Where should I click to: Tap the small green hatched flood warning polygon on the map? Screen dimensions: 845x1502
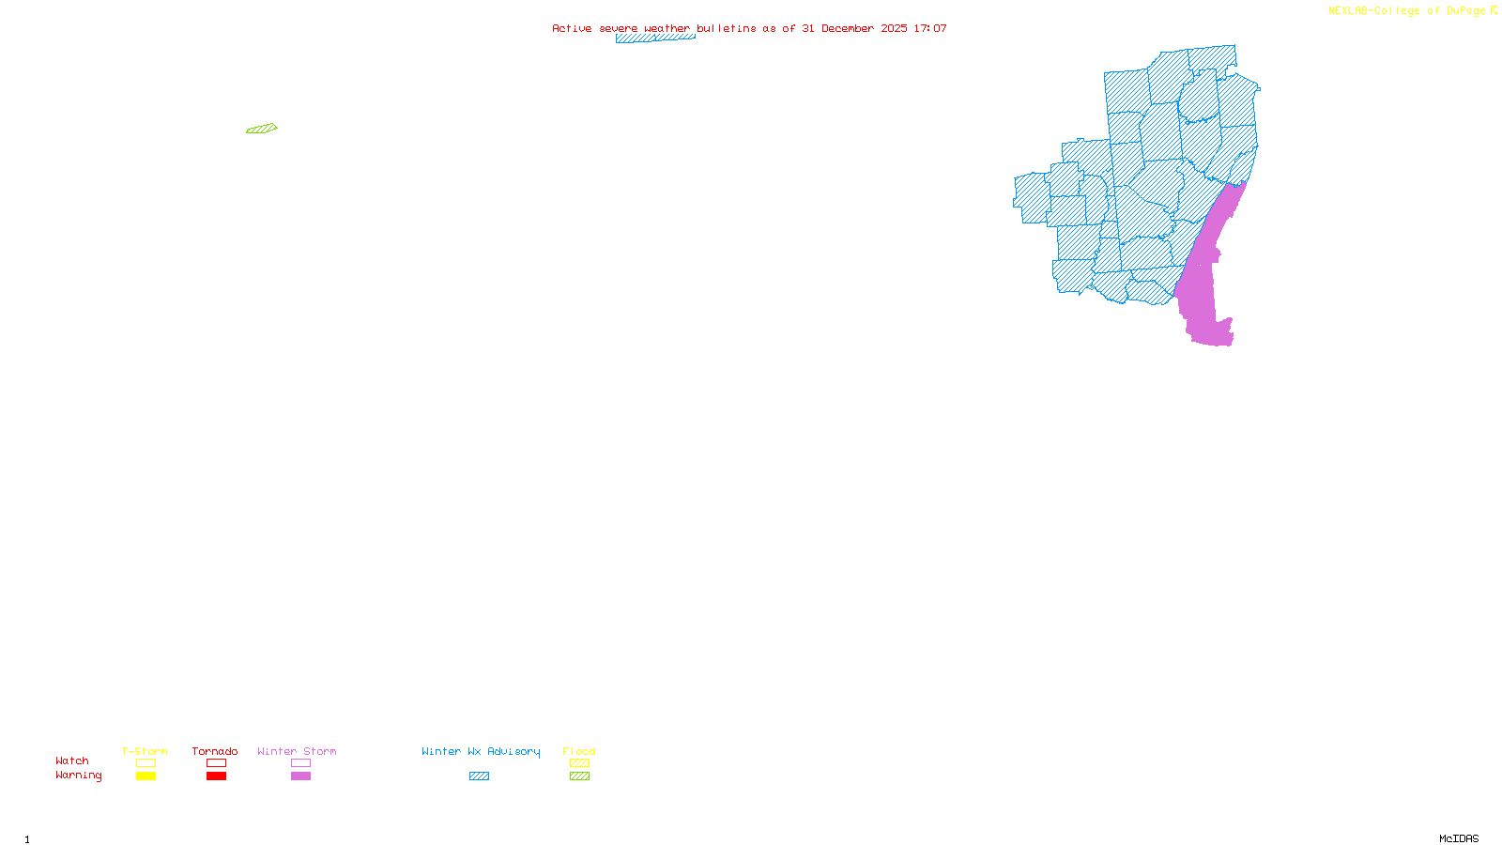(262, 129)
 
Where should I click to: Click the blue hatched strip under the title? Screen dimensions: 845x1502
(655, 38)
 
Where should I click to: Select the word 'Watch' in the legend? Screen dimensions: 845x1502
(72, 760)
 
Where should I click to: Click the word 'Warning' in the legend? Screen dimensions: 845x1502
(79, 776)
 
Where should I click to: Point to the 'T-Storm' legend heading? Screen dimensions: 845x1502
(145, 751)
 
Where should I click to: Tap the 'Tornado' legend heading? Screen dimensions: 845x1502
(215, 751)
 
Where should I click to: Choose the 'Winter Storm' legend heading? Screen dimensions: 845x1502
(297, 751)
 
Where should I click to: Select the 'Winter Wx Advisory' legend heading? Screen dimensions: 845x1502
(481, 751)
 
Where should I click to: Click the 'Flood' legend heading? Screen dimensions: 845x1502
(579, 751)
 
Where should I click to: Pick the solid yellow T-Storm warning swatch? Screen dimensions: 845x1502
(146, 776)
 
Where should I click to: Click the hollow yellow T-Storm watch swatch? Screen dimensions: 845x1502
(146, 763)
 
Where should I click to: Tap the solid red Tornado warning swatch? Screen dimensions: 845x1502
(217, 776)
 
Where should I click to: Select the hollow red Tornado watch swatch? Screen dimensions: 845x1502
(217, 763)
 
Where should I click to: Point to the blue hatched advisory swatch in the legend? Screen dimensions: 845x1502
(479, 776)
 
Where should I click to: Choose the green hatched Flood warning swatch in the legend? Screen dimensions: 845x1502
(579, 776)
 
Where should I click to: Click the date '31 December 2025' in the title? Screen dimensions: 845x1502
(854, 28)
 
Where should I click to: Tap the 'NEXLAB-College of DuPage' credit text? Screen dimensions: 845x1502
(1407, 11)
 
